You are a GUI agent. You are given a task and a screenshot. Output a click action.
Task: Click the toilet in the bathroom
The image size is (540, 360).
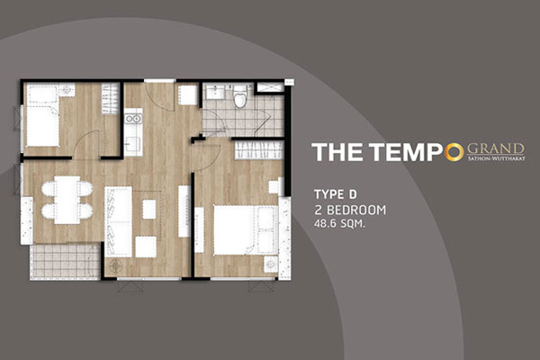point(240,95)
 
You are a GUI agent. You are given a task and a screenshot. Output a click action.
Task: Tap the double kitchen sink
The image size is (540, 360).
point(133,119)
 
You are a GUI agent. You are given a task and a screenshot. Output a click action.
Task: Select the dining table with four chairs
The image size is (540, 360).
point(67,200)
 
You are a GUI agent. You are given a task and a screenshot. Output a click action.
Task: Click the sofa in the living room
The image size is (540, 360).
point(118,222)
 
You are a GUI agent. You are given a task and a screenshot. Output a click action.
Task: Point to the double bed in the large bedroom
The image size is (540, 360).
point(246,230)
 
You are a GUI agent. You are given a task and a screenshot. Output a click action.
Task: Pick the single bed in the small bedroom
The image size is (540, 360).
point(42,116)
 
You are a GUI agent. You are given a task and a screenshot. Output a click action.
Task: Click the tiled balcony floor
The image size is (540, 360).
point(65,261)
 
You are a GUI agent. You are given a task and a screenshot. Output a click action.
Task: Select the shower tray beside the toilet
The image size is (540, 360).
point(270,87)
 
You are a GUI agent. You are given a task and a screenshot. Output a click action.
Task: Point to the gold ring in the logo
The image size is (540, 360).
point(454,152)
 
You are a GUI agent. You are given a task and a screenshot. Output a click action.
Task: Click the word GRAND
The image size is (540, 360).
point(496,148)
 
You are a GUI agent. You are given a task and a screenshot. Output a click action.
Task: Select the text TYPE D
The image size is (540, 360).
point(335,194)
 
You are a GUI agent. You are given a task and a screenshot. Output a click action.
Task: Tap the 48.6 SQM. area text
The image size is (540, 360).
point(339,223)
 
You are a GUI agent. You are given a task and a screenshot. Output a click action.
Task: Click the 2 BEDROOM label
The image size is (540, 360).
point(350,210)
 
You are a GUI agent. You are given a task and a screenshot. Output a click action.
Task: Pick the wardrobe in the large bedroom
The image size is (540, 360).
point(258,150)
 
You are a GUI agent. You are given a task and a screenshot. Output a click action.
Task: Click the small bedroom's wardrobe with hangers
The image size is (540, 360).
point(110,99)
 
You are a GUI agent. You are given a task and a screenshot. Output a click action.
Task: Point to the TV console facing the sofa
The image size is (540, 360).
point(184,211)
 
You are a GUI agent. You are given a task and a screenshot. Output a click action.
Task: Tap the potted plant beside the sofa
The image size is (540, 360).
point(115,266)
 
